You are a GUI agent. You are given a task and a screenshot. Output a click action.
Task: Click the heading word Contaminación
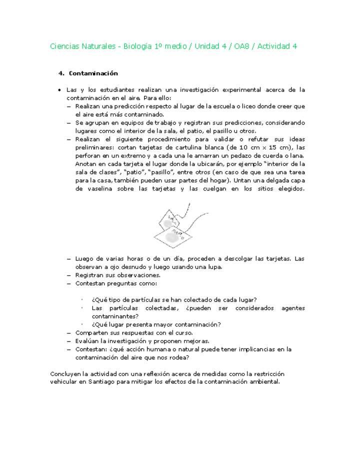point(93,73)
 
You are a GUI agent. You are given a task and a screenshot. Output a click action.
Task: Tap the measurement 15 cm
point(282,147)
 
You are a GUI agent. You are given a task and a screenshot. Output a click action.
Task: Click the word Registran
point(89,275)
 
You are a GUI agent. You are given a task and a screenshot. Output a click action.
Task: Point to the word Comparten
point(91,332)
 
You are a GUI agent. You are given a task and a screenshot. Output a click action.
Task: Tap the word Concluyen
point(66,374)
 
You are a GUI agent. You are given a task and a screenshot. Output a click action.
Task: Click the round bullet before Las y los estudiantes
point(59,90)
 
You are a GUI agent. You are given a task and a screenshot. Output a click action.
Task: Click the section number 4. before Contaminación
point(61,73)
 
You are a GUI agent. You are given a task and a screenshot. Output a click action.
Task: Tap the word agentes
point(293,308)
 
